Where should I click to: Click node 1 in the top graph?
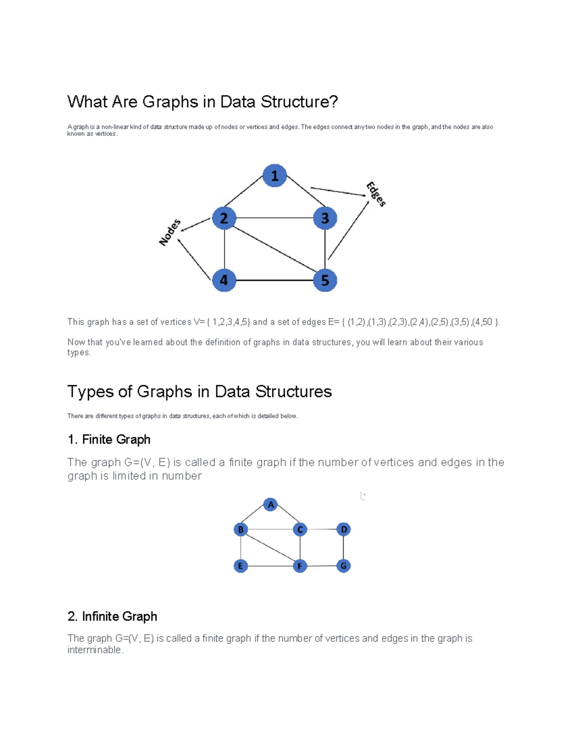(x=275, y=176)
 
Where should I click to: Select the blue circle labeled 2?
(x=224, y=218)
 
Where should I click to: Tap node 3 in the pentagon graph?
(x=325, y=218)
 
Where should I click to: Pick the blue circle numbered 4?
(x=224, y=280)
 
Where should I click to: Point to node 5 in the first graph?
(x=325, y=280)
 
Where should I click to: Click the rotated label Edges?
(x=376, y=194)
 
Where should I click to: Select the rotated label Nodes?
(x=170, y=233)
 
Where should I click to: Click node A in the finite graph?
(x=270, y=505)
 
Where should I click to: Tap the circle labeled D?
(x=343, y=530)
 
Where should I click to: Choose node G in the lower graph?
(x=343, y=566)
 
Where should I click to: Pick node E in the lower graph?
(x=241, y=566)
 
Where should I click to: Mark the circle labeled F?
(x=300, y=566)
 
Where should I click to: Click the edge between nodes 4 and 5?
(x=275, y=280)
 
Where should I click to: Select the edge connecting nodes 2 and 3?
(x=275, y=218)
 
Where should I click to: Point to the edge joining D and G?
(x=343, y=548)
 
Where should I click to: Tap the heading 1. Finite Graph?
(x=109, y=439)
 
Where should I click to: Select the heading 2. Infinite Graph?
(x=112, y=617)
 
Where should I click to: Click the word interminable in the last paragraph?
(x=95, y=650)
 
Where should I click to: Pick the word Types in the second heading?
(x=90, y=392)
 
